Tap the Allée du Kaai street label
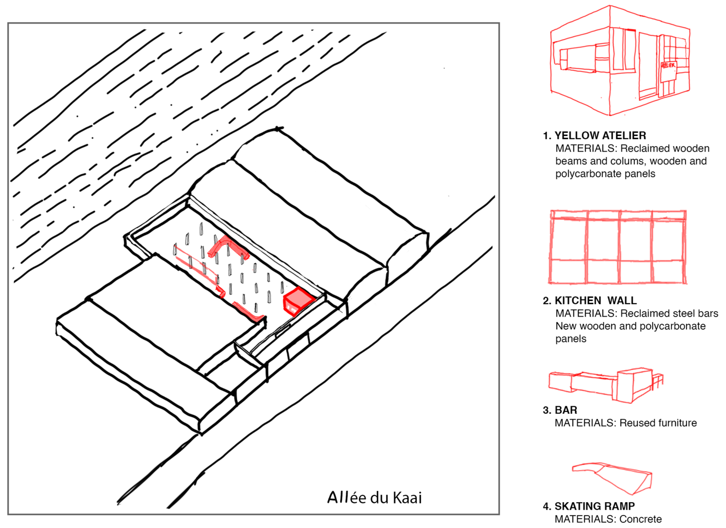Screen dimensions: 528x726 pos(374,497)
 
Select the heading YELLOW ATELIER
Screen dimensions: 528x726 pos(600,136)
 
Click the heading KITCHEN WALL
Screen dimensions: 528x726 pos(595,301)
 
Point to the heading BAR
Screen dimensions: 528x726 pos(566,410)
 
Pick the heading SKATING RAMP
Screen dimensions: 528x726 pos(594,506)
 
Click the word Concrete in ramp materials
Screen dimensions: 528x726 pos(640,519)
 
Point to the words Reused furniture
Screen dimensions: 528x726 pos(658,423)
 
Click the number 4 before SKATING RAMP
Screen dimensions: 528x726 pos(546,506)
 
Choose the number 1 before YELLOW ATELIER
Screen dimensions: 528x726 pos(546,136)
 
